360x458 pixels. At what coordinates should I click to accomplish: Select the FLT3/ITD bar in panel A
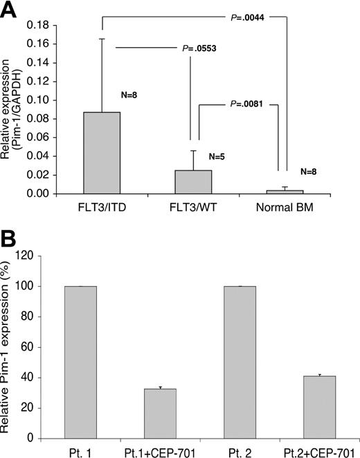click(101, 152)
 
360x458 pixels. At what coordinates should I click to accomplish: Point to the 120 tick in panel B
click(46, 256)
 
